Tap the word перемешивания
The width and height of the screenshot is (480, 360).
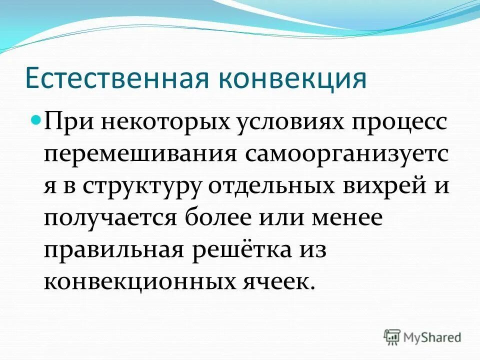(x=140, y=155)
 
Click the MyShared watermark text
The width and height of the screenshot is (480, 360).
(x=432, y=337)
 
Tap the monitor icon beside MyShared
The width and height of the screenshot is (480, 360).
(x=392, y=337)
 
